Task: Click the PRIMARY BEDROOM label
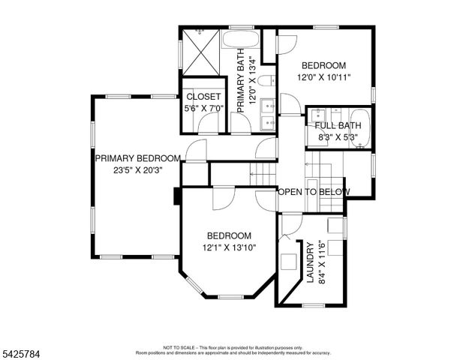coord(137,158)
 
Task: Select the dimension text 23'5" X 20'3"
coord(137,169)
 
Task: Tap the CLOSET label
coord(203,97)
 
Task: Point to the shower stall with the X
coord(200,54)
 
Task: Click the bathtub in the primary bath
coord(241,39)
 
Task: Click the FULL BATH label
coord(338,126)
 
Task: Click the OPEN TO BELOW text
coord(314,192)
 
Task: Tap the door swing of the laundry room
coord(287,227)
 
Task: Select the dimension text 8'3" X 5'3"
coord(338,137)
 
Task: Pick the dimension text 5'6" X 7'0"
coord(203,108)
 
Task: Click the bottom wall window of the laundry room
coord(313,305)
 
